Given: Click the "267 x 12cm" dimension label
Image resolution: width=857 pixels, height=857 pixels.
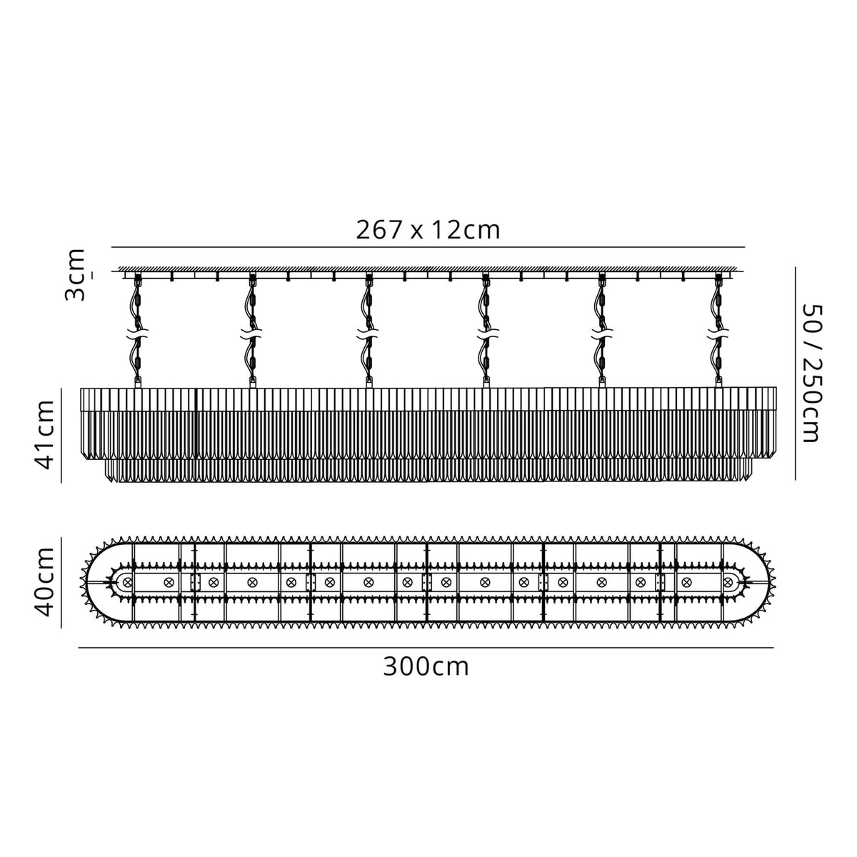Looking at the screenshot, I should (428, 230).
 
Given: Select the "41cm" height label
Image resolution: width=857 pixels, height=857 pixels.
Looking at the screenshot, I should (47, 435).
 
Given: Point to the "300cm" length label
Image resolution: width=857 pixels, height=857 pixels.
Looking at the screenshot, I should (426, 667).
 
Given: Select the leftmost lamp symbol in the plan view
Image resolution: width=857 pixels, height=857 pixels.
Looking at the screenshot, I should (128, 583).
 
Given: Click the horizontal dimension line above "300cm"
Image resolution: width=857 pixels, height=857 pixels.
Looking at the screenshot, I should (426, 648).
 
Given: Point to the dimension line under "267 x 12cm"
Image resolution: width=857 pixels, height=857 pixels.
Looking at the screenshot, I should (428, 247).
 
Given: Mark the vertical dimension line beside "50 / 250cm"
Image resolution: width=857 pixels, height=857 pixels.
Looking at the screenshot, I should (795, 372).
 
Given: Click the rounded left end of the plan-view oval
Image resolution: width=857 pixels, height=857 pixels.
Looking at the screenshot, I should (89, 583).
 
